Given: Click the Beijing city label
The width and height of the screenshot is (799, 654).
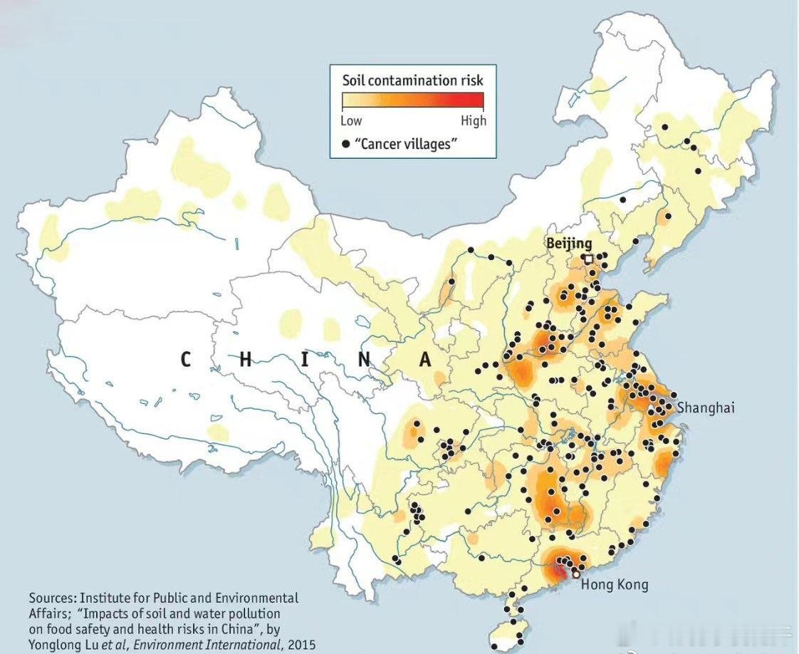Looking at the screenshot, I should point(569,244).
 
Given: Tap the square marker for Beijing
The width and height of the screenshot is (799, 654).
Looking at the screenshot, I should point(588,259).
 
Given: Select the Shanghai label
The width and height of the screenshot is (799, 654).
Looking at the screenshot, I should point(705,408).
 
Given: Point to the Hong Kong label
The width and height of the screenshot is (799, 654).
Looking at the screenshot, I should point(615,585).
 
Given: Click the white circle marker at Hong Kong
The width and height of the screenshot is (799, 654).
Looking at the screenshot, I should point(575,573).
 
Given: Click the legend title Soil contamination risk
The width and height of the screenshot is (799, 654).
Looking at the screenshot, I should point(412,80).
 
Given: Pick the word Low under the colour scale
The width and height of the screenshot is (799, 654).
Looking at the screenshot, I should point(351,120).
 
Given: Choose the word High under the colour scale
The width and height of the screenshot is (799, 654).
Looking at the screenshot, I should point(473,120).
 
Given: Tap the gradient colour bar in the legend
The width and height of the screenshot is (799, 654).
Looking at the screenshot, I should point(412,100).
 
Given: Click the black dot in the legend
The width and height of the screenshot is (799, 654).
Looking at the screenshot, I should point(346,144).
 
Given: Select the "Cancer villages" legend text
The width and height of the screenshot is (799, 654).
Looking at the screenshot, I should point(406,144).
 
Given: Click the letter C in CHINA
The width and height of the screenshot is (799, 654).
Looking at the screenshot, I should point(185,359).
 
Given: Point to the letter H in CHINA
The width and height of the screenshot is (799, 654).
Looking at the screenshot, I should point(246,359).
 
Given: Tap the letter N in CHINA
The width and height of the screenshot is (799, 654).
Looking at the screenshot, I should point(365,359).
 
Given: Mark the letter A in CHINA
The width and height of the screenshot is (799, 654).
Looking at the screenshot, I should point(425,359).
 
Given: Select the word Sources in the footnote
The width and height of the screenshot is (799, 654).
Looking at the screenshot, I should point(52,598).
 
